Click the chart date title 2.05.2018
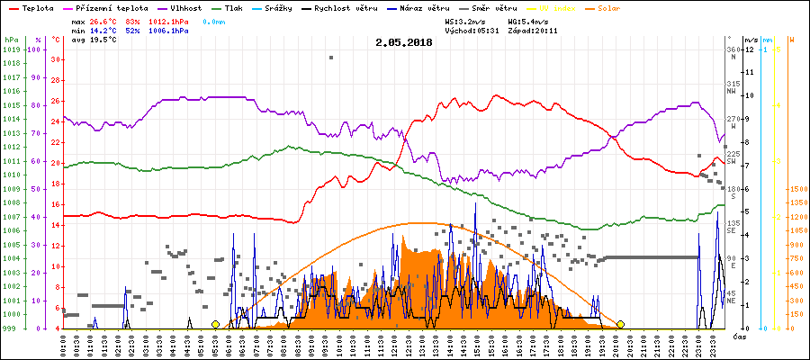(x=403, y=41)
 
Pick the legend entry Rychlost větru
(x=356, y=7)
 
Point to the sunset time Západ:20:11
(x=532, y=30)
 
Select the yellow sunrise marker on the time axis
(x=215, y=324)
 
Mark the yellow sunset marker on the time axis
(x=620, y=324)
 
